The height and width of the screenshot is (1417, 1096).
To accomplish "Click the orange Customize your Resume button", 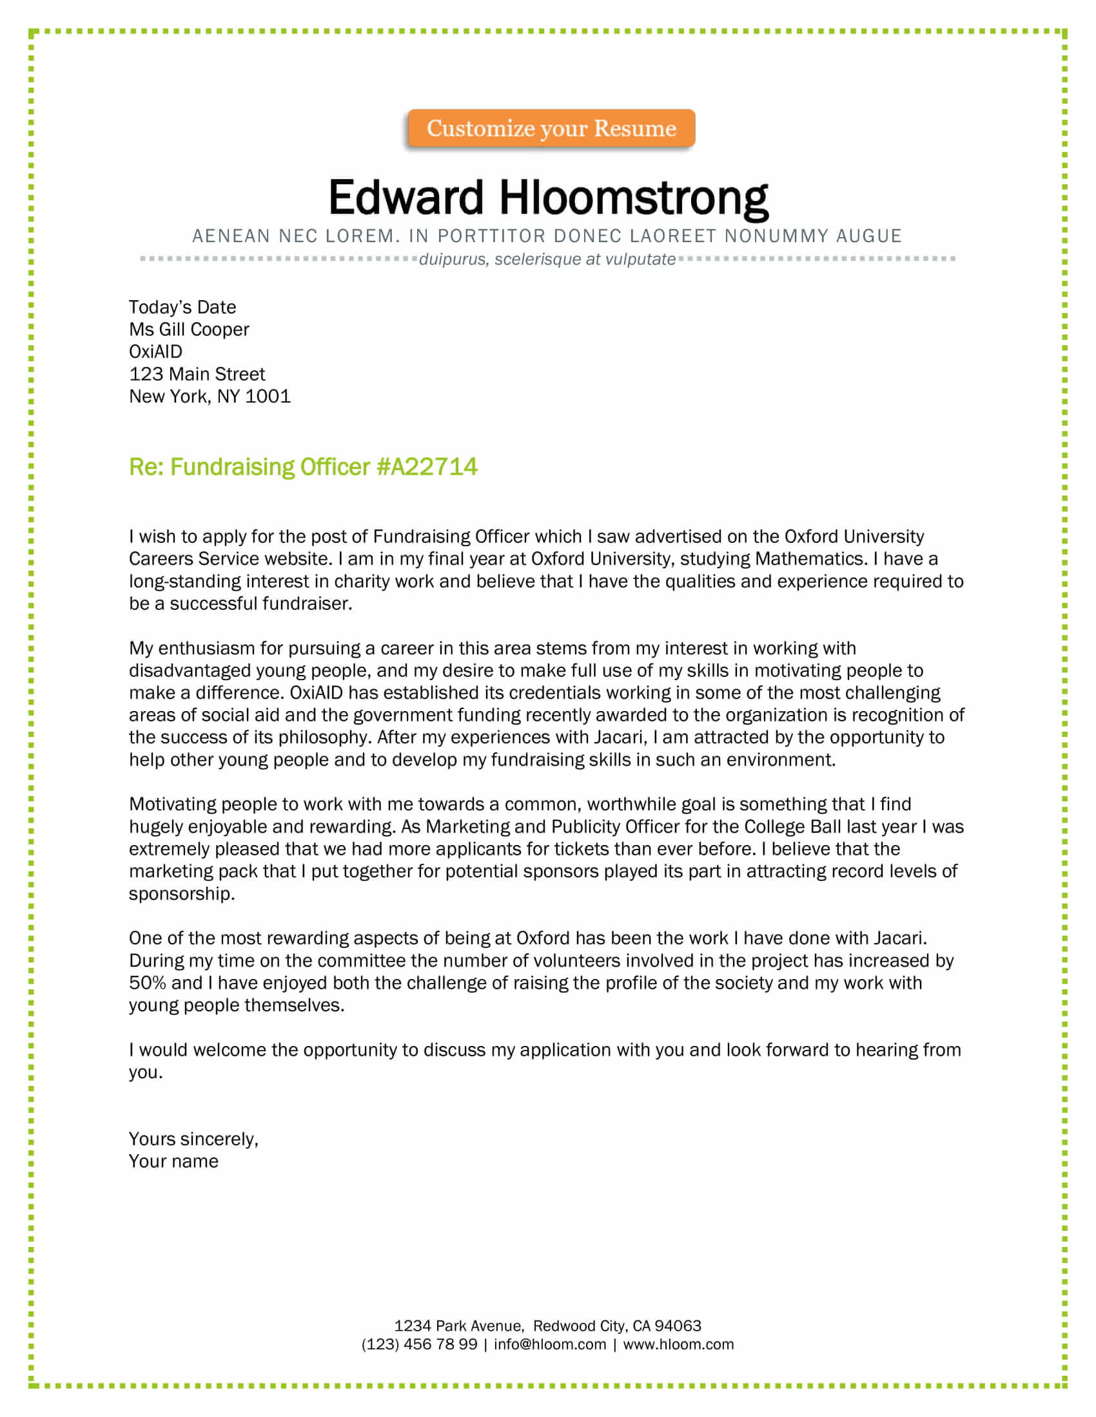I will (x=551, y=128).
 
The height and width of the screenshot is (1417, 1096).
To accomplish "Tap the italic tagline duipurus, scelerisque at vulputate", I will (x=547, y=260).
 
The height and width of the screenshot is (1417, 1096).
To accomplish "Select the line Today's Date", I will (x=182, y=307).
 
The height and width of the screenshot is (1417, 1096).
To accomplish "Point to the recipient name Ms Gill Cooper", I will (x=188, y=330).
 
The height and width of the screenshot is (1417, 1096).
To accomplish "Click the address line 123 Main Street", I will (x=197, y=374).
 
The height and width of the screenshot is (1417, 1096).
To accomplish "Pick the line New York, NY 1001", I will (x=209, y=396).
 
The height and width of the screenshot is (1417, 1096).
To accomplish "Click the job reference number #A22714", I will (x=427, y=467).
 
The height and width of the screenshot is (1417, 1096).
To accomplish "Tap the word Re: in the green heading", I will (x=146, y=467).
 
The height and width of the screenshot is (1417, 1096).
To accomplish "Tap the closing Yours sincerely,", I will (x=193, y=1139).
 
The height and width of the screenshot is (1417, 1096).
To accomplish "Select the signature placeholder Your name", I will (x=173, y=1161).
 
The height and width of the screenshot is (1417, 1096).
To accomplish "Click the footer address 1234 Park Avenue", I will (x=458, y=1326).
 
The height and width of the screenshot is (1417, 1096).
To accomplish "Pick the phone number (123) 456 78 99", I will (x=419, y=1344).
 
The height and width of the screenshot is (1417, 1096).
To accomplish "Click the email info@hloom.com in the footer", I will (x=549, y=1344).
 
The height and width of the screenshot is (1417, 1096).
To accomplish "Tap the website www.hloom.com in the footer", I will (x=678, y=1344).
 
